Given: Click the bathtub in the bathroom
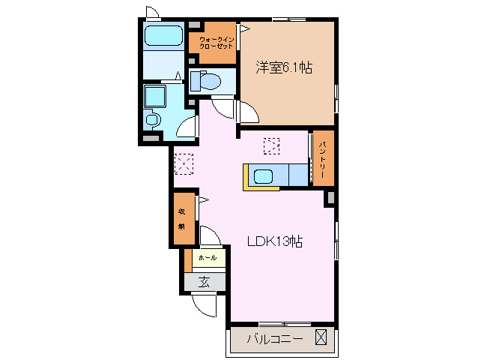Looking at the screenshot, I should tap(162, 35).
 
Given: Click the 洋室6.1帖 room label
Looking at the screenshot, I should tap(285, 68).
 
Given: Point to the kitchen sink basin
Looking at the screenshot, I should tap(264, 177).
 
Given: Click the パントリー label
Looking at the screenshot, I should tap(323, 158).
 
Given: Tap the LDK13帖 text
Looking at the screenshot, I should tap(276, 241).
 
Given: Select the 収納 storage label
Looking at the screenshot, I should tap(182, 218).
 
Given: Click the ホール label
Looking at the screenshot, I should tap(208, 257).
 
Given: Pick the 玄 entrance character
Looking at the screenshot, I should tap(203, 282).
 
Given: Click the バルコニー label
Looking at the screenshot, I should tap(275, 339).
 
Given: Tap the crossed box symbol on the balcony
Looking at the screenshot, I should tap(321, 338).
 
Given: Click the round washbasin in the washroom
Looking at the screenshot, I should tap(153, 120).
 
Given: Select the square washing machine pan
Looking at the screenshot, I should tap(156, 95).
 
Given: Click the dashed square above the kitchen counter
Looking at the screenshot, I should tap(270, 145).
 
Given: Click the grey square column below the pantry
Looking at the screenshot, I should tap(328, 198).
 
